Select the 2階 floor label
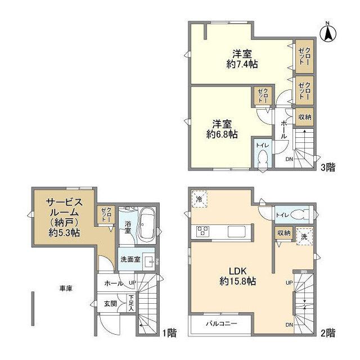[328, 332]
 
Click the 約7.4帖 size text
[243, 65]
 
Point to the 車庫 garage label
[66, 289]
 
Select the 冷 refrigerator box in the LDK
[200, 199]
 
